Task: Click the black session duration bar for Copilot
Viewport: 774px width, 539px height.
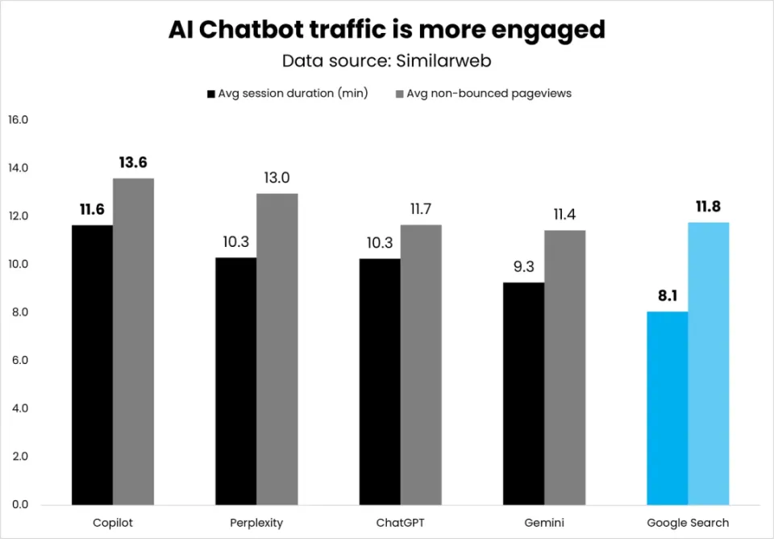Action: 92,365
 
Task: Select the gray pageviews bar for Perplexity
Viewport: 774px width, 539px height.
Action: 277,349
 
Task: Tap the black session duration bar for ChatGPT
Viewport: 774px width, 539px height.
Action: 379,381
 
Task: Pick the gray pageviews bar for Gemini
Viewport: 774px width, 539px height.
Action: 564,367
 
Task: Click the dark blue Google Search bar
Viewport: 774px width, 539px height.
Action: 668,407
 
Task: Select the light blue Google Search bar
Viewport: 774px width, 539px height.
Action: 709,363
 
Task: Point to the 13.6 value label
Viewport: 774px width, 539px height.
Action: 133,163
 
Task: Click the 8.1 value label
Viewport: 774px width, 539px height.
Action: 668,296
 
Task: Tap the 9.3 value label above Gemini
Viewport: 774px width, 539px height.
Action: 523,267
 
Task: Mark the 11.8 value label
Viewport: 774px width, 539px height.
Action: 709,207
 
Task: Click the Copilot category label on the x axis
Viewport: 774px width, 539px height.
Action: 113,523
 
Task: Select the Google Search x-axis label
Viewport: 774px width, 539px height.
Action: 688,523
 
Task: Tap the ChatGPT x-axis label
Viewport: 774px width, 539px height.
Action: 400,523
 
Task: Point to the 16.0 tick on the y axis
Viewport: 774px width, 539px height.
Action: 18,120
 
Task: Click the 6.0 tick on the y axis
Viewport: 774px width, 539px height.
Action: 18,361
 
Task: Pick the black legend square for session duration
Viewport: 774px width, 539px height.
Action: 211,94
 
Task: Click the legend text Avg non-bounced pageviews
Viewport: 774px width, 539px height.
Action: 489,94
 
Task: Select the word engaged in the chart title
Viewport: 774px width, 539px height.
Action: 542,30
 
